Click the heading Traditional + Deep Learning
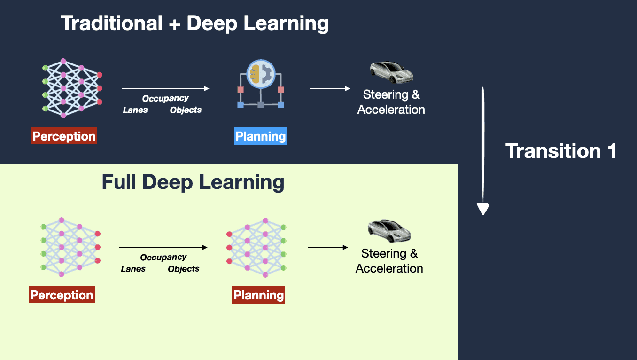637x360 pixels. click(x=194, y=23)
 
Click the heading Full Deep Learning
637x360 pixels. click(x=193, y=182)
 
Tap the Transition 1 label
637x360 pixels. click(x=560, y=151)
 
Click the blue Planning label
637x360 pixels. click(x=261, y=136)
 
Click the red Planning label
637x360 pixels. click(x=259, y=295)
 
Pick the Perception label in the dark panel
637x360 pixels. click(x=64, y=136)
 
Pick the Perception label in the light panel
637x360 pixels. click(x=62, y=295)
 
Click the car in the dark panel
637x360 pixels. click(x=391, y=72)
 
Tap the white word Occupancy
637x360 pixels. click(x=165, y=98)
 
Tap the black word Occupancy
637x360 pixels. click(x=163, y=257)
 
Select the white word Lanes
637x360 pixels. click(x=135, y=110)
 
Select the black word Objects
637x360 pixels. click(x=184, y=269)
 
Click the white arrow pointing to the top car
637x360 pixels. click(x=330, y=88)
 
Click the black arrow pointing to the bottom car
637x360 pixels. click(x=328, y=247)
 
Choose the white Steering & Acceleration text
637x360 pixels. click(x=391, y=102)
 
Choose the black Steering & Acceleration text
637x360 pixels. click(x=389, y=261)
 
